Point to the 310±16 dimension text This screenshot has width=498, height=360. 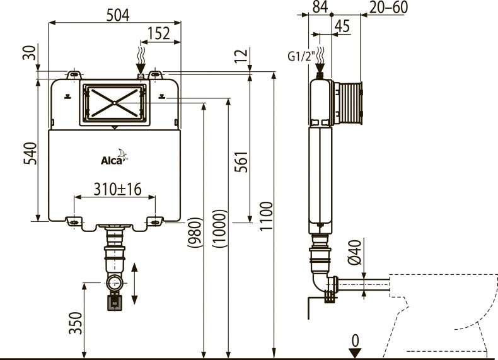tap(117, 189)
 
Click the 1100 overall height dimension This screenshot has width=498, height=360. tap(265, 217)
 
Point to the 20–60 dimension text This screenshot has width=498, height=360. tap(389, 7)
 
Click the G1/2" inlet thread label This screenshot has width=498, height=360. tap(301, 55)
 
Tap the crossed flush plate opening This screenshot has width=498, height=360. tap(114, 102)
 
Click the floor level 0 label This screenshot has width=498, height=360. tap(355, 341)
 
